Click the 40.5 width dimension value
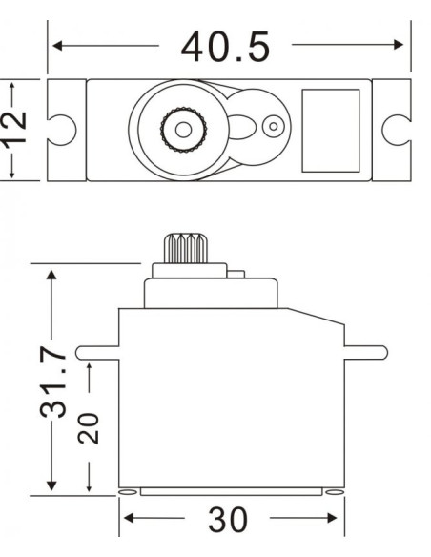point(225,47)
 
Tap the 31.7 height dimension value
point(55,382)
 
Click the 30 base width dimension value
point(228,521)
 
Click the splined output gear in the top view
point(179,127)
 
